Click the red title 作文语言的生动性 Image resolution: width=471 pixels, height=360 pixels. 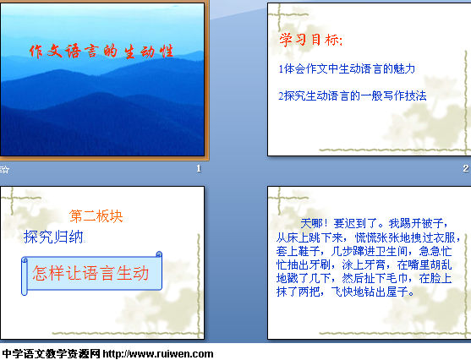coord(101,51)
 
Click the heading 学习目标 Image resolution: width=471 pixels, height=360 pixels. coord(310,40)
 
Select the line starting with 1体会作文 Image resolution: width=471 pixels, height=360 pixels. coord(347,68)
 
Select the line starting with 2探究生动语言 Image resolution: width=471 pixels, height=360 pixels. coord(353,95)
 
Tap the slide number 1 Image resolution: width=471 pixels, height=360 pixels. coord(199,168)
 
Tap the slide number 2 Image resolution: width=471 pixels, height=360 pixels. coord(466,168)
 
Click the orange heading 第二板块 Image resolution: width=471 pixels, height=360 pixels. coord(96,216)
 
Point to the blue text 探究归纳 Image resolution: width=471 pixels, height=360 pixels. coord(53,237)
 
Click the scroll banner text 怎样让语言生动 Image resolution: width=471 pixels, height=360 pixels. coord(90,273)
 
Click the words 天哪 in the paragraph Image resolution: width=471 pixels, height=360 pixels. coord(311,223)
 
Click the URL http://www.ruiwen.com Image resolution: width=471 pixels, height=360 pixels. coord(158,354)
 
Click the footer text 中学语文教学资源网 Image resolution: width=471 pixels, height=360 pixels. coord(51,354)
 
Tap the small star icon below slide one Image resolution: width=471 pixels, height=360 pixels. coord(5,170)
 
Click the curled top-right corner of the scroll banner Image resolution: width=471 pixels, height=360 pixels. coord(159,254)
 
